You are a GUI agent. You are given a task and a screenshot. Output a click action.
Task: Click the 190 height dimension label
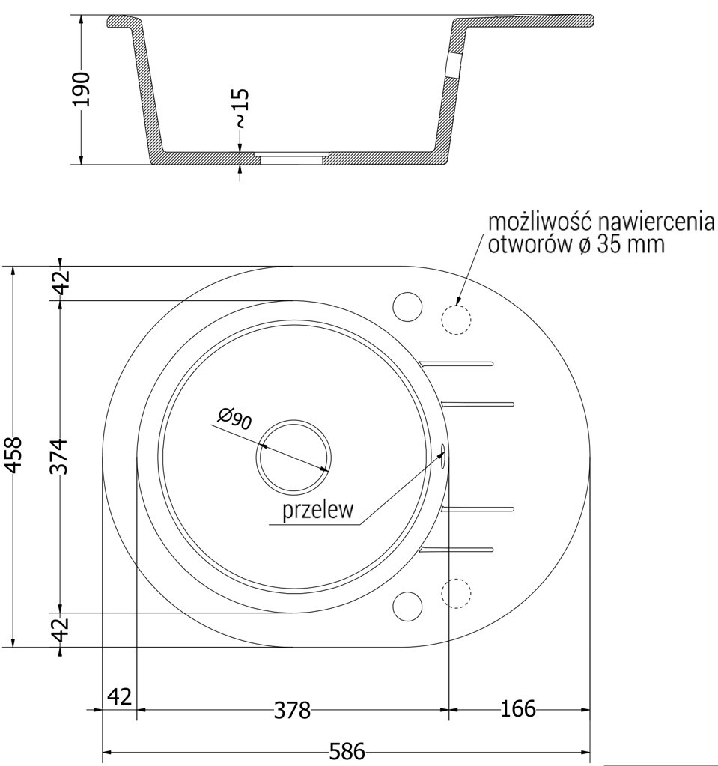click(82, 89)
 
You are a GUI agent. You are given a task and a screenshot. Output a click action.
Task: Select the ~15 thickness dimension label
click(240, 107)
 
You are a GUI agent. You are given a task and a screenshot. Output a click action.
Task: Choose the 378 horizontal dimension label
click(291, 710)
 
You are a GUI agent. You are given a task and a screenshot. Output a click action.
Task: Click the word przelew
click(317, 511)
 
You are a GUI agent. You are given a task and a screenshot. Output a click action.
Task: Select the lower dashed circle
click(456, 593)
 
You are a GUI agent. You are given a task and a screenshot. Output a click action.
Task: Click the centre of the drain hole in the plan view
click(293, 456)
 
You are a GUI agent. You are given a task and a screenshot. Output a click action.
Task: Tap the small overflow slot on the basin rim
click(444, 455)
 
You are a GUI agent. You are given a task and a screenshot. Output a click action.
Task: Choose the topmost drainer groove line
click(457, 363)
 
